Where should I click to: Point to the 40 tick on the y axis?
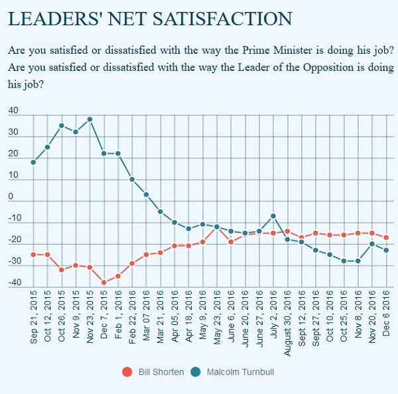pos(14,111)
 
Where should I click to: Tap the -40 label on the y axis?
pos(13,283)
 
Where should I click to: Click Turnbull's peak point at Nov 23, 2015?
pos(90,119)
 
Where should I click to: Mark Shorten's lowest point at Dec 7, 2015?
pos(103,283)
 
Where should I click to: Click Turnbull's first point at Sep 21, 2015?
pos(33,163)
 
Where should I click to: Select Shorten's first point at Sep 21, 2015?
pos(33,255)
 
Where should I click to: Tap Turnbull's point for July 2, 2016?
pos(273,216)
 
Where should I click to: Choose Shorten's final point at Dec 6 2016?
pos(387,237)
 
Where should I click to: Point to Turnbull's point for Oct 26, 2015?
pos(61,125)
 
